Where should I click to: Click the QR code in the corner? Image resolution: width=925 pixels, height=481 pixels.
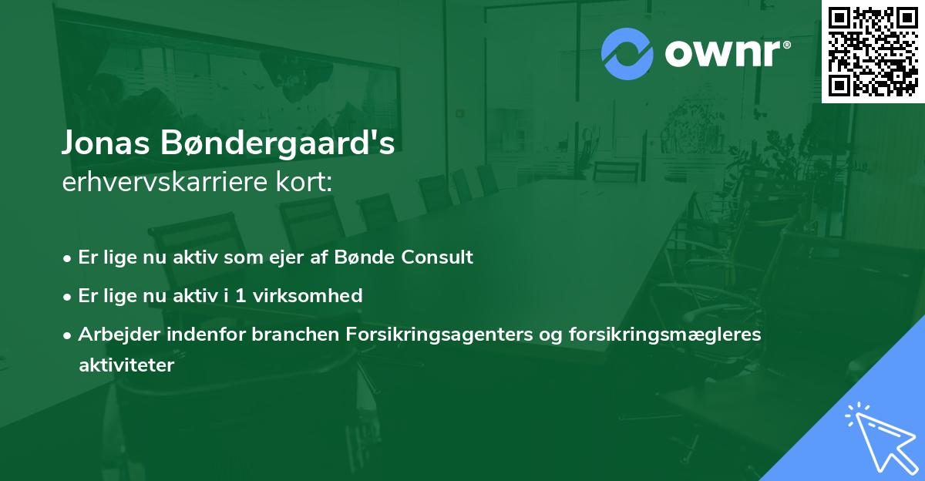[873, 51]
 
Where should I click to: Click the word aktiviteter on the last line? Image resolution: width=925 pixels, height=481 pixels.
[126, 365]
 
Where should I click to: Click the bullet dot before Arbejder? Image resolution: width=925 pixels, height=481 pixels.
[69, 335]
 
